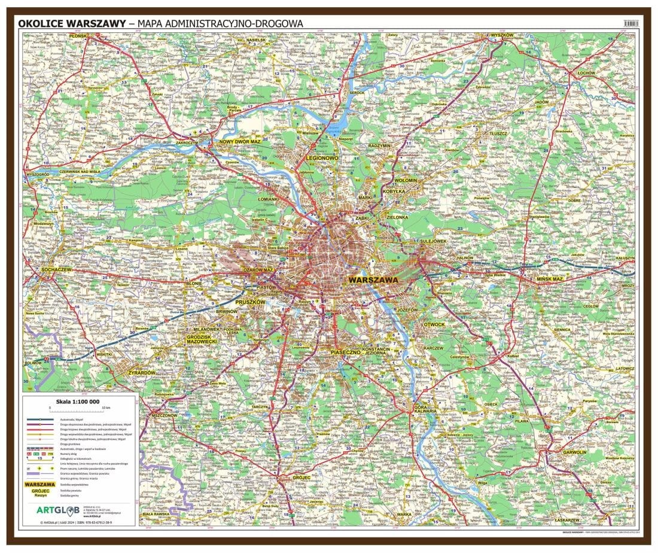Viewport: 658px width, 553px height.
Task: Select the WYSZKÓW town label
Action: [502, 36]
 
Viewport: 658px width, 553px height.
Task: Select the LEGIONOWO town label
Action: [322, 158]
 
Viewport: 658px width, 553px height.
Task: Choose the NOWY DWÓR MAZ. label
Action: [240, 142]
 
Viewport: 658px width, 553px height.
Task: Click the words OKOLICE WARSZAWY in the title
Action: [71, 23]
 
